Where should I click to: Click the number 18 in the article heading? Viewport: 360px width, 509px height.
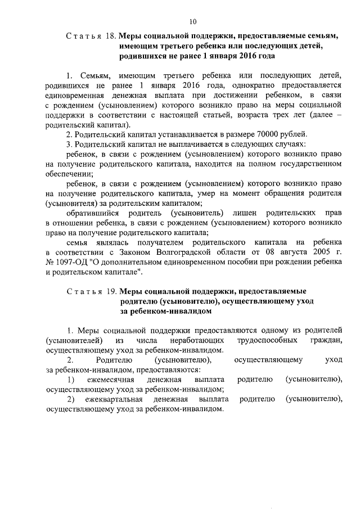pyautogui.click(x=110, y=36)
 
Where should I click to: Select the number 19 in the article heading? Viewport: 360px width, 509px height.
pyautogui.click(x=110, y=291)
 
